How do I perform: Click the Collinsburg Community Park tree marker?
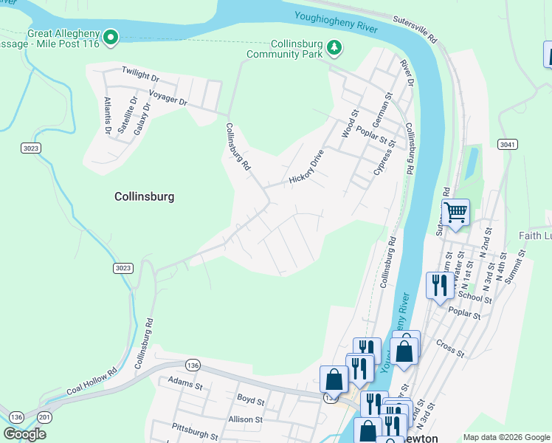[335, 48]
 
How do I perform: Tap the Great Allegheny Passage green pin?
[111, 37]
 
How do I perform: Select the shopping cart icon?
[456, 213]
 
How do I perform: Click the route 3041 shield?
[507, 144]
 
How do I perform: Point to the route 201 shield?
[44, 419]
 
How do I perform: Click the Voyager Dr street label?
[168, 99]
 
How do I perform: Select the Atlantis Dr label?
[108, 115]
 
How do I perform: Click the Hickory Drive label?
[306, 168]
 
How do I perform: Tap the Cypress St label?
[381, 158]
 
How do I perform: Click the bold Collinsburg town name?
[144, 197]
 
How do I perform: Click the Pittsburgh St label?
[196, 427]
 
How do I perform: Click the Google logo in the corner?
[24, 434]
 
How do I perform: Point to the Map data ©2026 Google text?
[506, 437]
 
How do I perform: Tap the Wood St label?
[349, 124]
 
